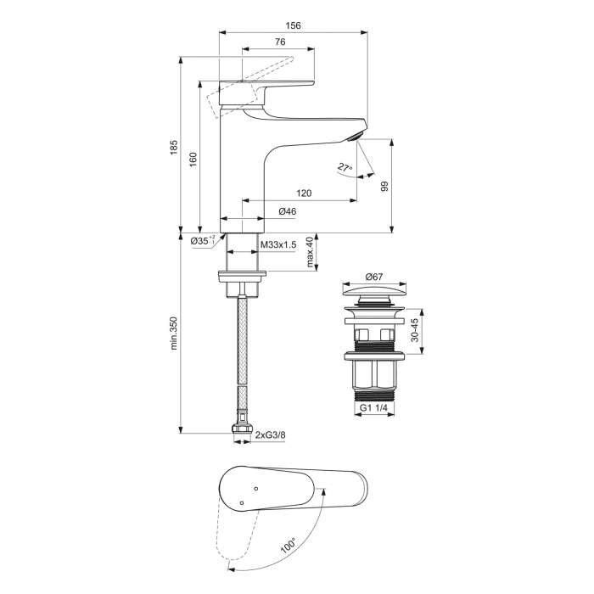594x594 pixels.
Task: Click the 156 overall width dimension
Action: pos(292,25)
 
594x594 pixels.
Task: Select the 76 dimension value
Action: pos(279,42)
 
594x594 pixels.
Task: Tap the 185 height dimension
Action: pos(174,146)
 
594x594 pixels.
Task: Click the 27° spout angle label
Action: pos(344,168)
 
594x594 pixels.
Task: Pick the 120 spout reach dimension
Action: pos(305,193)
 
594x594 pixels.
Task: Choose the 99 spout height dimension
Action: pos(384,186)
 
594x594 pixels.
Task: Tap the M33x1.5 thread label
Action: pos(278,244)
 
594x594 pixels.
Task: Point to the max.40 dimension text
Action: pos(311,254)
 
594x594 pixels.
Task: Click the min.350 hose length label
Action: pos(174,333)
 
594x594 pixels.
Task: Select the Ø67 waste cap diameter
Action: pos(376,277)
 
